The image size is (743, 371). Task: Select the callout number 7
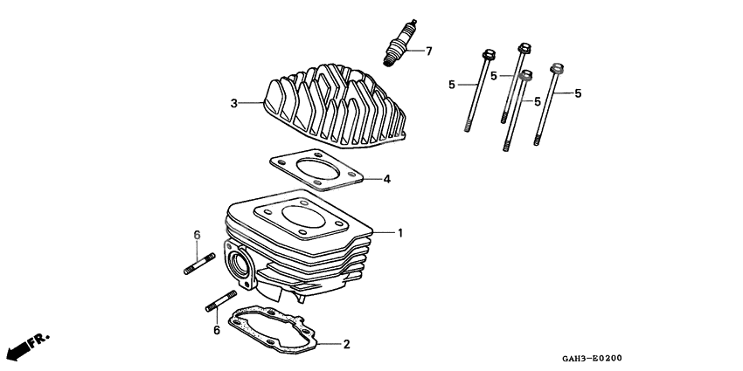[x=428, y=52]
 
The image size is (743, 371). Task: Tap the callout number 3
[x=233, y=104]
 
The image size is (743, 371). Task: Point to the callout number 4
[x=386, y=180]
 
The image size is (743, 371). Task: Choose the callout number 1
[x=400, y=233]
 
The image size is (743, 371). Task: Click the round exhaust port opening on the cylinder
[x=237, y=263]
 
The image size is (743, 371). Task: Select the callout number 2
[x=346, y=344]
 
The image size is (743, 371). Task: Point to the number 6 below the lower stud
[x=216, y=330]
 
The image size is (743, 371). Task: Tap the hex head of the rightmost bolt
[x=554, y=67]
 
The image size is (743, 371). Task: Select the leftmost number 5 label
[x=452, y=85]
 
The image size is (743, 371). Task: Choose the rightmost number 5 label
[x=578, y=93]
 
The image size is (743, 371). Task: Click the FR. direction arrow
[x=27, y=344]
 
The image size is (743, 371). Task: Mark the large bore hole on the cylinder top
[x=303, y=218]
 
